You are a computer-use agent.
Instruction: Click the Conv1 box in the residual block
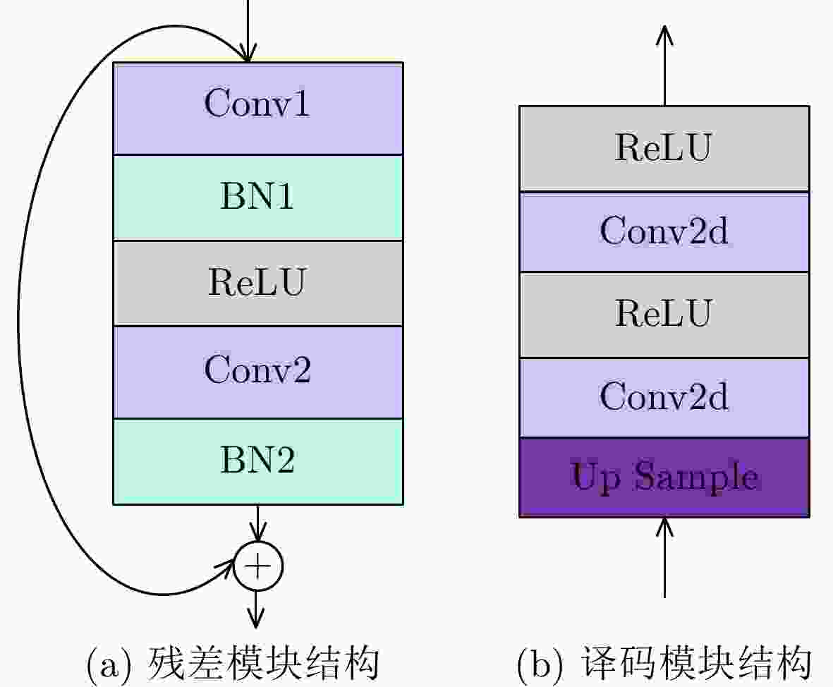[258, 109]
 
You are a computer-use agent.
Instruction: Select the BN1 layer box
[258, 197]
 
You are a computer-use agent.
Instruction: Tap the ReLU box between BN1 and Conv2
[258, 284]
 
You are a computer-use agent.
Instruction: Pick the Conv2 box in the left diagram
[258, 372]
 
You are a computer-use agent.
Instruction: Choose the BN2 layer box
[258, 462]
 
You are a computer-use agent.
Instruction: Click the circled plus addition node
[258, 566]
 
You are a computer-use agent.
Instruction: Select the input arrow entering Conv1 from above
[248, 31]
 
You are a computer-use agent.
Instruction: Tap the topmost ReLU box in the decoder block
[664, 149]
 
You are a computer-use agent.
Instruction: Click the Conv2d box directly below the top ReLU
[664, 232]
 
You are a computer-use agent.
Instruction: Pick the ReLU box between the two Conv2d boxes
[664, 315]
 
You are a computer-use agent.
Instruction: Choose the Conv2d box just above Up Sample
[664, 398]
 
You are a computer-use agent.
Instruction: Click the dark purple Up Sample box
[664, 477]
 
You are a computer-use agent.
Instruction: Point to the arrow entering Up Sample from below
[664, 558]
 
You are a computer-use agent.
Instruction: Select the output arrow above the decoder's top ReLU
[664, 66]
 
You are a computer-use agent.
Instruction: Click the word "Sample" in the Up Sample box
[696, 478]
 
